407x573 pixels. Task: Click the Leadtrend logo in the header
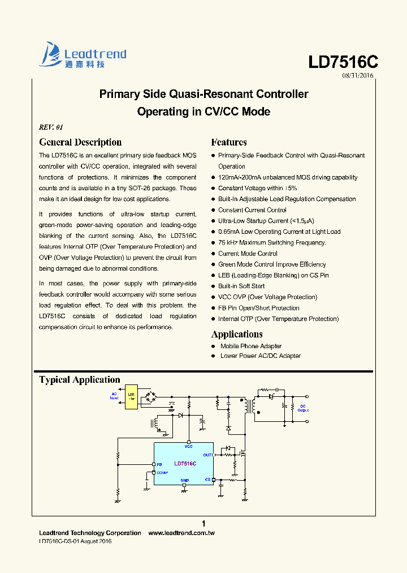point(83,55)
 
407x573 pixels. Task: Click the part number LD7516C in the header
point(343,62)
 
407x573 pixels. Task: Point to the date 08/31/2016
point(358,75)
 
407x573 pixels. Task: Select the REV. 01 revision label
point(51,127)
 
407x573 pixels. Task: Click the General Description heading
point(80,142)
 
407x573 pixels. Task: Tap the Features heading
point(229,142)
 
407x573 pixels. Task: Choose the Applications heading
point(237,334)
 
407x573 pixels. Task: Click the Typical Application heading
point(80,380)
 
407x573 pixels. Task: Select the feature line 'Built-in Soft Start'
point(241,286)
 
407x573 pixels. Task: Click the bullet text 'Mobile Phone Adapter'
point(251,346)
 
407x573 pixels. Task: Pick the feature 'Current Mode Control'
point(248,254)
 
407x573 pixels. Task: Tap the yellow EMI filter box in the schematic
point(131,396)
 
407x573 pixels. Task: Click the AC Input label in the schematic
point(114,396)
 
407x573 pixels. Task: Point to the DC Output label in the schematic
point(303,408)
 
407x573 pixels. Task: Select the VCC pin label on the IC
point(189,447)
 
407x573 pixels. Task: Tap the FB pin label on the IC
point(159,464)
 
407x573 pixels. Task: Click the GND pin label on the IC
point(184,480)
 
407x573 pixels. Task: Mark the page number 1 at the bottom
point(203,523)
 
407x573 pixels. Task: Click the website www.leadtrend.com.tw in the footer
point(181,533)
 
